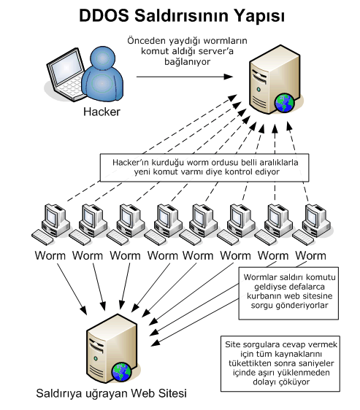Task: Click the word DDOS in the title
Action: point(104,15)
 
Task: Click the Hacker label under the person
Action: point(102,112)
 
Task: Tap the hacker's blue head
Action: point(102,58)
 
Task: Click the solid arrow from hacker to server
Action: point(185,77)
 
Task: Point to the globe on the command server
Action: point(284,103)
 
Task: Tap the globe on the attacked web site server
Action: point(121,372)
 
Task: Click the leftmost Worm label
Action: point(50,255)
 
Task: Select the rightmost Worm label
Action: point(310,255)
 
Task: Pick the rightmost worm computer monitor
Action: point(313,217)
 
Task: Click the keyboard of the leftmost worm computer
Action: point(42,237)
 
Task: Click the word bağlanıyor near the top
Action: point(188,62)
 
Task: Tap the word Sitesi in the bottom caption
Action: point(172,393)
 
